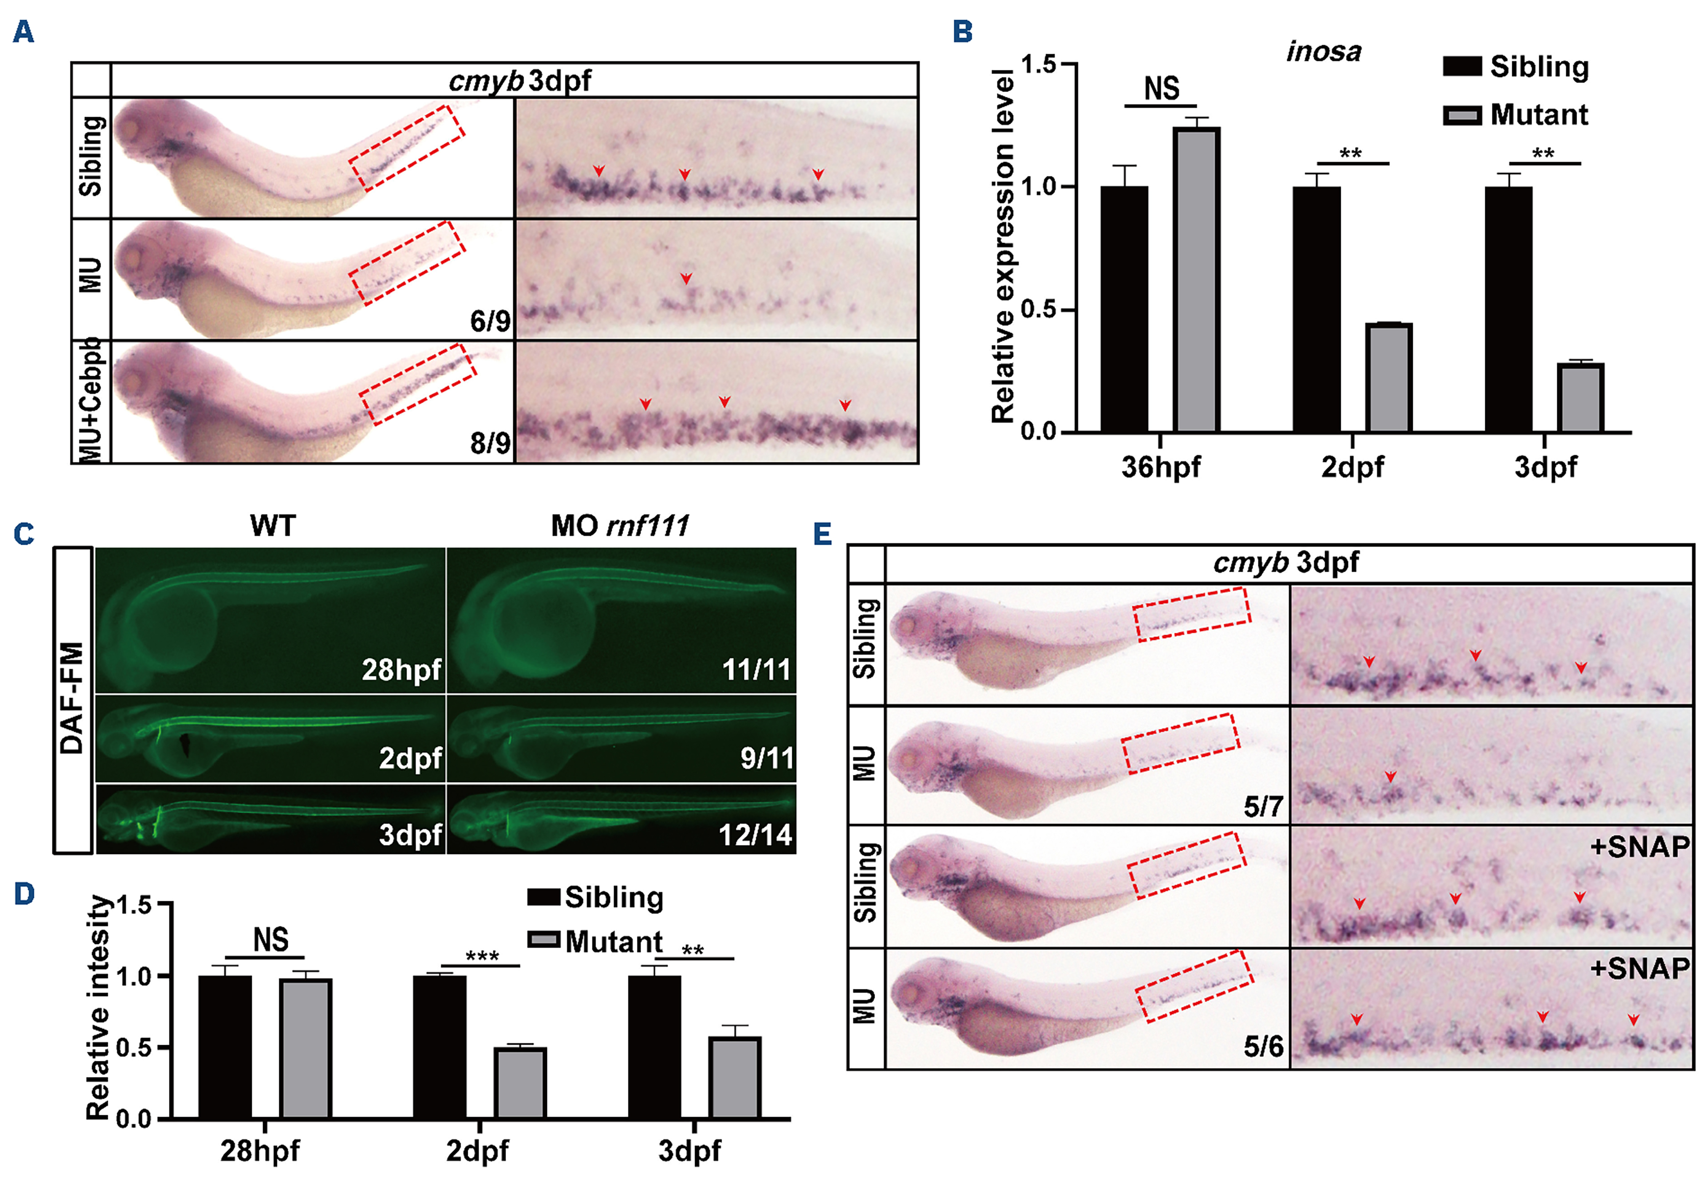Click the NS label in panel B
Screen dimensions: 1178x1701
[x=1161, y=89]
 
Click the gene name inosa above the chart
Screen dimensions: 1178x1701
[x=1324, y=51]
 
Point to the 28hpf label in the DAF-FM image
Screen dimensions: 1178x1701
[x=401, y=670]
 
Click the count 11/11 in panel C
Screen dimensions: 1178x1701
[x=755, y=670]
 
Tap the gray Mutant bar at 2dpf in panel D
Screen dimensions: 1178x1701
[x=520, y=1083]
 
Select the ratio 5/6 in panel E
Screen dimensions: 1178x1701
[x=1263, y=1047]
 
